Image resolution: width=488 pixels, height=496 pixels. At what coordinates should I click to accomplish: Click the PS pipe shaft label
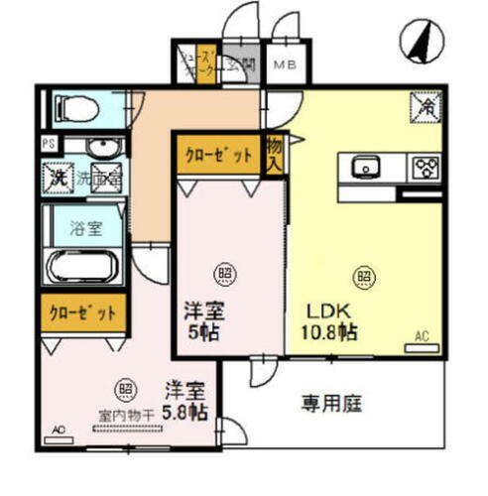click(48, 143)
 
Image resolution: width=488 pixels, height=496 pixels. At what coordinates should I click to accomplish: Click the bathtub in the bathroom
click(85, 266)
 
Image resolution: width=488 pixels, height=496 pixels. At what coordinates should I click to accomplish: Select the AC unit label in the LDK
click(420, 337)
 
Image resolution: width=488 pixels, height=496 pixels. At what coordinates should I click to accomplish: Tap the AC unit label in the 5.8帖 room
click(59, 430)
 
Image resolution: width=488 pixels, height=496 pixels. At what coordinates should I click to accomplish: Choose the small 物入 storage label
click(274, 155)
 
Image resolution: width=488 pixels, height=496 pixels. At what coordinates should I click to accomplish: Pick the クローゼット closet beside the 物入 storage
click(218, 155)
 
